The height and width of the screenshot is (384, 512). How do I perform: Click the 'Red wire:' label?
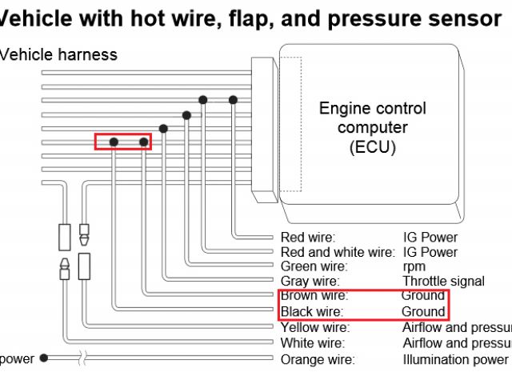click(308, 237)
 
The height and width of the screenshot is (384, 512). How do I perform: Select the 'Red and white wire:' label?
click(338, 251)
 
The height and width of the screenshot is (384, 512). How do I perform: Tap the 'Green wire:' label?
click(314, 266)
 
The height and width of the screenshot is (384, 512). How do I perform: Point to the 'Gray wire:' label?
click(310, 281)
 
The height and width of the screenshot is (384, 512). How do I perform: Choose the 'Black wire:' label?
click(312, 311)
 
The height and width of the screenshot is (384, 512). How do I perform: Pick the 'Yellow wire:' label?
click(315, 327)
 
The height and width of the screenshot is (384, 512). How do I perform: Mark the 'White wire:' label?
click(312, 343)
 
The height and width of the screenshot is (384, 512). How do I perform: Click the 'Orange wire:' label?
click(317, 359)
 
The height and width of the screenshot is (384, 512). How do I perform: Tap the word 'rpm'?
click(414, 266)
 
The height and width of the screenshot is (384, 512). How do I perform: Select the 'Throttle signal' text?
click(443, 281)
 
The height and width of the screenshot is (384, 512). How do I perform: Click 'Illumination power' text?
click(455, 359)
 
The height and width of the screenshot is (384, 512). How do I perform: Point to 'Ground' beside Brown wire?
click(423, 296)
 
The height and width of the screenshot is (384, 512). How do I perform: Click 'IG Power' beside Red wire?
click(430, 237)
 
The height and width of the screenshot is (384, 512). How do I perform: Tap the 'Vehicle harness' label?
click(59, 55)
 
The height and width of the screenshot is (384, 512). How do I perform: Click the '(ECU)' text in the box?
click(372, 147)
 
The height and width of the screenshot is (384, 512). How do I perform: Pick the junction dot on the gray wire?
click(163, 128)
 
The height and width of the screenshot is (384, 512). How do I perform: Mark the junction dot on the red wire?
click(233, 99)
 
